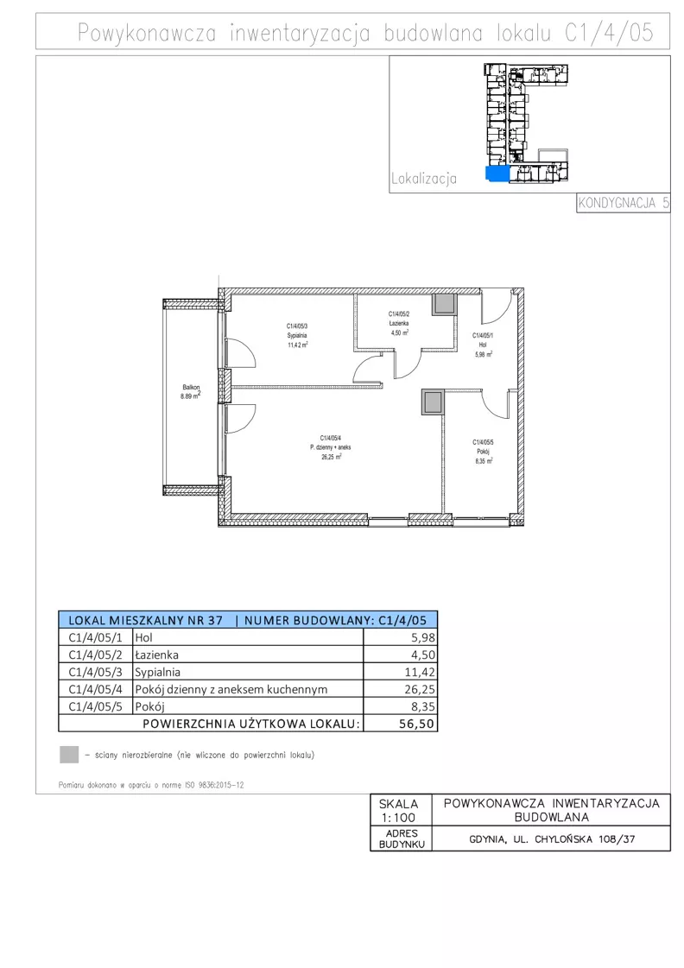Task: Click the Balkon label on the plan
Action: (191, 388)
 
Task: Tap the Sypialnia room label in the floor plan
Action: (296, 336)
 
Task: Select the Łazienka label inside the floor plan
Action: (399, 323)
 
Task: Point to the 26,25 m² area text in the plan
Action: (331, 458)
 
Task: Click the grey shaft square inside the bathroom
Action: (444, 304)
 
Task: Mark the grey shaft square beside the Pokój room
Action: (433, 402)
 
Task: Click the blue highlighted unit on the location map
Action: (497, 174)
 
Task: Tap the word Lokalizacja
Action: (424, 179)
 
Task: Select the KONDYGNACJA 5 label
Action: (624, 202)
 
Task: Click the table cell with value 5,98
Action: (401, 638)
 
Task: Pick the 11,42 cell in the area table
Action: (401, 673)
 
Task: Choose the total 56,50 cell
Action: (401, 724)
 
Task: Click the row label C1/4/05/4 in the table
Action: (96, 690)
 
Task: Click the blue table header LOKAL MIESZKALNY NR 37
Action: (146, 620)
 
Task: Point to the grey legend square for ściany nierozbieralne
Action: (69, 755)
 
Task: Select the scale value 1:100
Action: (398, 818)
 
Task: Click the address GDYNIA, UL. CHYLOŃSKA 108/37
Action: (552, 839)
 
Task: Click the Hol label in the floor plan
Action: (483, 345)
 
